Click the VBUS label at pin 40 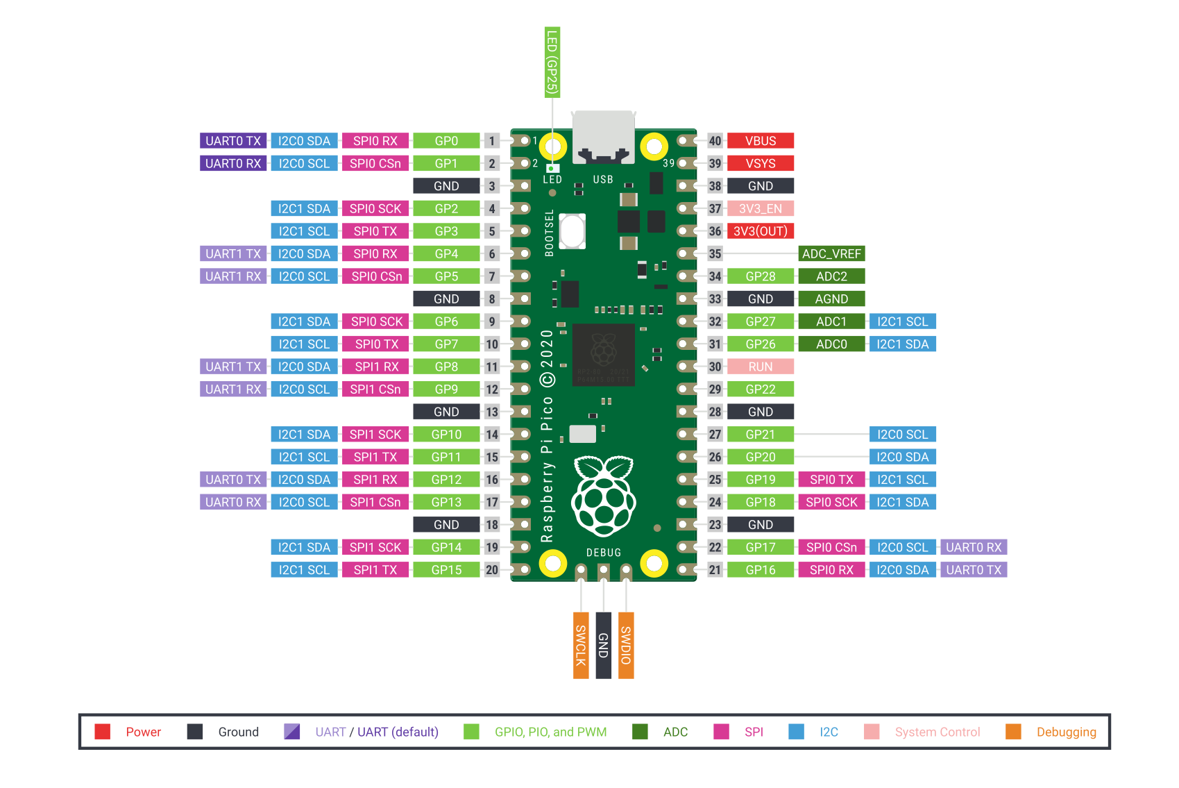[x=760, y=141]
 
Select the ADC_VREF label [x=831, y=254]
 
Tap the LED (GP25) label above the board [x=552, y=62]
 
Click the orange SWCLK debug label [x=581, y=645]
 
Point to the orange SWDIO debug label [x=626, y=645]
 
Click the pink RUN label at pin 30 [x=760, y=367]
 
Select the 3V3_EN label [x=760, y=209]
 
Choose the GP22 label [x=760, y=389]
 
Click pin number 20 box [x=492, y=570]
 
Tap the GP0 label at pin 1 [x=446, y=141]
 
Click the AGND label [x=831, y=299]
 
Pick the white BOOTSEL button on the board [x=572, y=231]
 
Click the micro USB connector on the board [x=603, y=137]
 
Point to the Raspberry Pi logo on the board [x=603, y=496]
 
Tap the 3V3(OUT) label [x=760, y=231]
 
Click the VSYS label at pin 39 [x=760, y=164]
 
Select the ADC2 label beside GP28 [x=831, y=276]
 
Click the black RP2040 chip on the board [x=603, y=355]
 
